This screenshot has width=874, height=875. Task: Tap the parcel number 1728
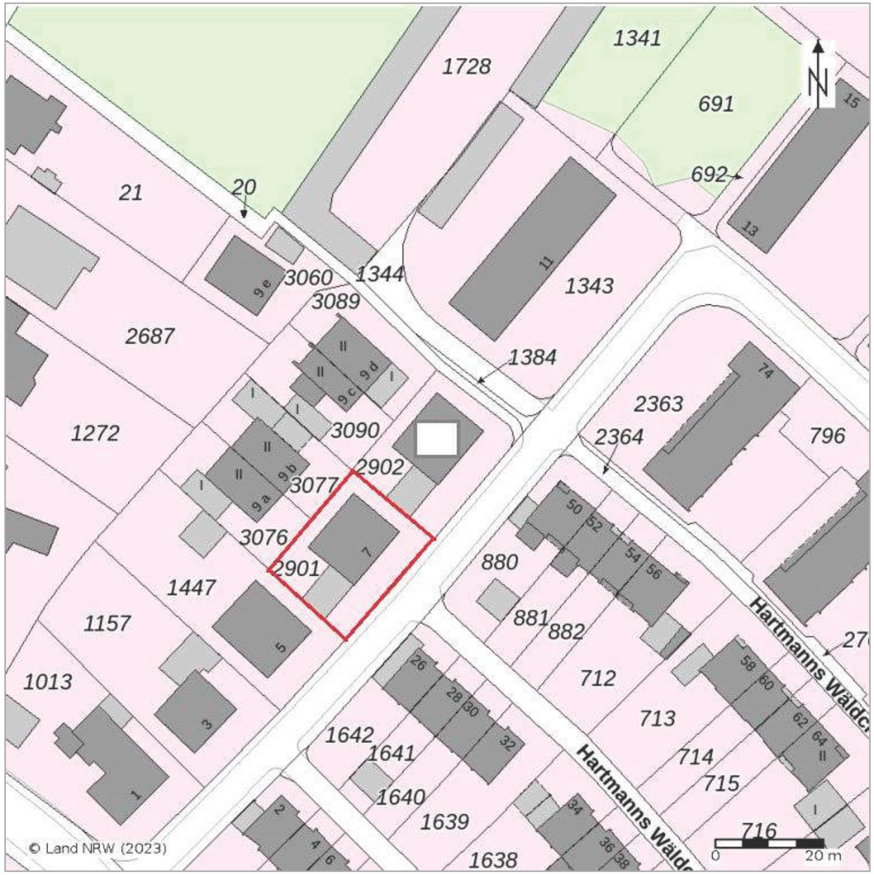click(466, 67)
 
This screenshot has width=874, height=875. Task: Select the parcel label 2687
click(149, 336)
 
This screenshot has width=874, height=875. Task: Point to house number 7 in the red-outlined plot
click(367, 551)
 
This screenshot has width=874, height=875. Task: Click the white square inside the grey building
click(437, 438)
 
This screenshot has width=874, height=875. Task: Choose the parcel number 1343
click(589, 286)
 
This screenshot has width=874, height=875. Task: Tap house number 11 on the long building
click(548, 262)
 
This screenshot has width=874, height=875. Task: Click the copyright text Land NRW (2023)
click(98, 848)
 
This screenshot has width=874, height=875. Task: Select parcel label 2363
click(658, 404)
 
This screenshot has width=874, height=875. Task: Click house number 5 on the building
click(281, 647)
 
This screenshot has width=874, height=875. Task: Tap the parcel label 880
click(499, 562)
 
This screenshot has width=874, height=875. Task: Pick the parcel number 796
click(827, 436)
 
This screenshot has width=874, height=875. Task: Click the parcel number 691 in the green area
click(716, 105)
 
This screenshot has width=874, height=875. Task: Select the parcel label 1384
click(532, 358)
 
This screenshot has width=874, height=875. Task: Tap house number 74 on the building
click(765, 372)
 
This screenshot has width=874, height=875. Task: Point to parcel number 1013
click(48, 682)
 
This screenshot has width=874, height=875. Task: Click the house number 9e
click(263, 288)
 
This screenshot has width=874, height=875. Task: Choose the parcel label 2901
click(297, 569)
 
